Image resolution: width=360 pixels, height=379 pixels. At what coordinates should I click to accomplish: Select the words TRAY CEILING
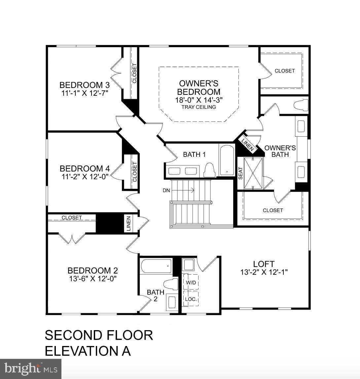click(198, 107)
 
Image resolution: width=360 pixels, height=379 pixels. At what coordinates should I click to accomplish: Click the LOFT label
click(264, 264)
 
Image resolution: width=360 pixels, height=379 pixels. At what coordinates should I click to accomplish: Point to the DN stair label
click(166, 190)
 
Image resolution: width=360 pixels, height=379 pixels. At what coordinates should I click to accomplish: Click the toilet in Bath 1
click(209, 170)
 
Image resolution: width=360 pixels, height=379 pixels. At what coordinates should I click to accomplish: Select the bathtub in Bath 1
click(227, 160)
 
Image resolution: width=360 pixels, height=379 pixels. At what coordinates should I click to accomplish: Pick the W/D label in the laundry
click(191, 283)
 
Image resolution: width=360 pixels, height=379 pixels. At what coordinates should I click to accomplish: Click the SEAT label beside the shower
click(240, 173)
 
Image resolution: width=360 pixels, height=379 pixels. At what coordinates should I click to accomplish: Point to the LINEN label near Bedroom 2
click(128, 223)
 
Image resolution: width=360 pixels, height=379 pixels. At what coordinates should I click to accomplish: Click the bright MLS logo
click(30, 368)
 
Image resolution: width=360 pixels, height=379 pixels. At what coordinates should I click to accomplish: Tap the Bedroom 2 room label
click(92, 270)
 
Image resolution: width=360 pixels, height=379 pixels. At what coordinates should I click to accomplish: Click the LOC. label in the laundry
click(191, 299)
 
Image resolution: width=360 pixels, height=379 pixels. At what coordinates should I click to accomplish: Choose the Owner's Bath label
click(280, 151)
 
